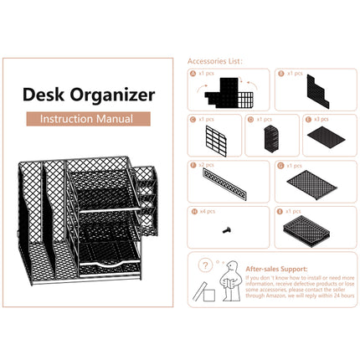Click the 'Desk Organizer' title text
point(88,95)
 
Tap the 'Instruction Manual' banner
point(88,119)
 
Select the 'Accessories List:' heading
point(215,62)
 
